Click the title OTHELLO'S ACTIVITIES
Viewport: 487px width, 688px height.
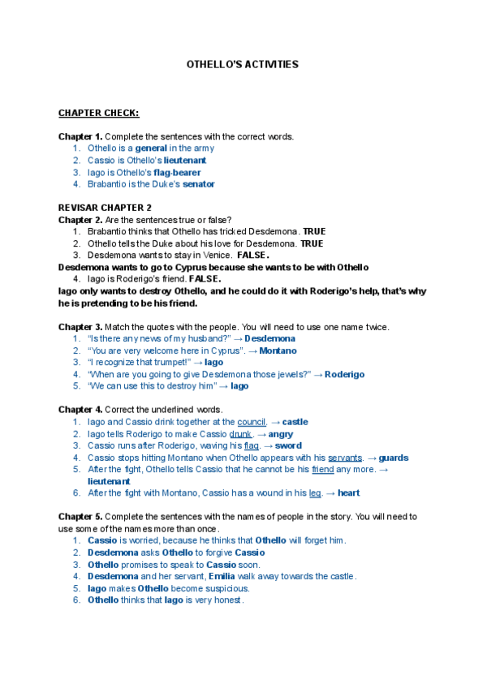click(x=243, y=64)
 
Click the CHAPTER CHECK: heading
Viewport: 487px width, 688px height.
click(x=98, y=113)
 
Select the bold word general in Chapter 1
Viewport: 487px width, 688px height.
click(x=151, y=148)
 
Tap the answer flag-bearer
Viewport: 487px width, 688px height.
click(x=176, y=172)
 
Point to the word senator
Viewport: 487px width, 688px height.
click(x=199, y=184)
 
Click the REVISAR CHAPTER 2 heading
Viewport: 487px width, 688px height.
click(x=105, y=208)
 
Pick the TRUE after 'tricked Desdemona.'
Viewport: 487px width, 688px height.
click(x=314, y=231)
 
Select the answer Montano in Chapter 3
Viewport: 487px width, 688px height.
click(x=278, y=350)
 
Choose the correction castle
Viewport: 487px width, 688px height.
click(x=295, y=422)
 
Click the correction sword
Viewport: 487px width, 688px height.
click(x=288, y=445)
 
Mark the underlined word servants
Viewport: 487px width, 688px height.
click(x=345, y=458)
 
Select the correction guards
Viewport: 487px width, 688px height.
click(x=394, y=458)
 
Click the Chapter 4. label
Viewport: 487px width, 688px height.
click(x=80, y=410)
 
